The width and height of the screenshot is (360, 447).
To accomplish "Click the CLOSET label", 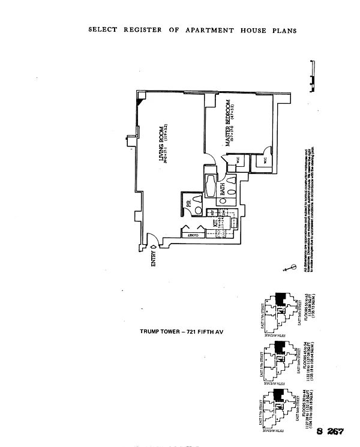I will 193,236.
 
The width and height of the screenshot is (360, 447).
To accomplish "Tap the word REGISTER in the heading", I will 143,29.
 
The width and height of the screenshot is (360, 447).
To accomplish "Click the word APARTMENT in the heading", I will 211,29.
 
